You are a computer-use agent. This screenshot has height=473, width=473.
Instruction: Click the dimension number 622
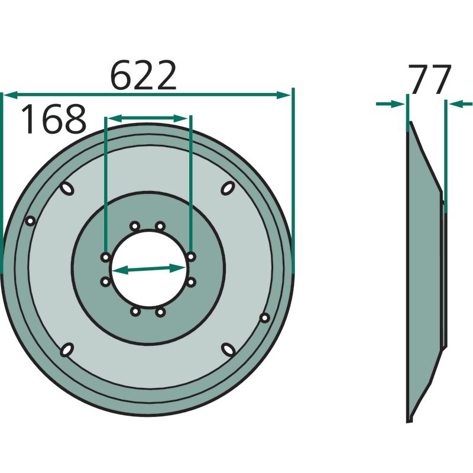[143, 76]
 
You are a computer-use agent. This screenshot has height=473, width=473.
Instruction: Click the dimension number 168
[54, 119]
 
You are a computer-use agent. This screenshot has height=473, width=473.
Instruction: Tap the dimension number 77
[430, 79]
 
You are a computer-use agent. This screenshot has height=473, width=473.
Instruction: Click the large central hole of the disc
[148, 269]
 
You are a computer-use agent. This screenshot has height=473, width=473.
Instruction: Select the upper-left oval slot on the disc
[67, 189]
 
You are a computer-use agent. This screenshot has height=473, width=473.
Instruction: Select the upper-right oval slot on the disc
[228, 188]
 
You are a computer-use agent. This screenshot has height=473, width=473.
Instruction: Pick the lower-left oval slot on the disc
[67, 349]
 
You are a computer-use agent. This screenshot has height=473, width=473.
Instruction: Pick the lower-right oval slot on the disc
[228, 349]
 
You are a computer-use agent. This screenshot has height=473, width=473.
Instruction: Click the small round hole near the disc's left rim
[30, 221]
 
